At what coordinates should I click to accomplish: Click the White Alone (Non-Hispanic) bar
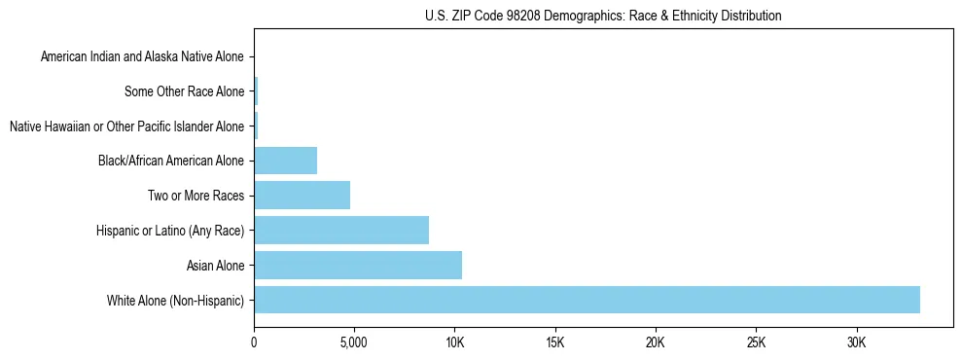[587, 300]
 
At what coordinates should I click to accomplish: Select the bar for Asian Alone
[358, 265]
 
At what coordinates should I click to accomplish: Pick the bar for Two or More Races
[302, 196]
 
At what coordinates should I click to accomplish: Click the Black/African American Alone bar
[285, 161]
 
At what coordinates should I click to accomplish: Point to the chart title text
[603, 16]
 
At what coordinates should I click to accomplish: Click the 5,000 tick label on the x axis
[354, 342]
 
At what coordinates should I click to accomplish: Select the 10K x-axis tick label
[454, 342]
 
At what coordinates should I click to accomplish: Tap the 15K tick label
[555, 342]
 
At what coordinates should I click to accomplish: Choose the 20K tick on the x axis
[656, 342]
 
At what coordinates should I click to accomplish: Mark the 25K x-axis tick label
[756, 342]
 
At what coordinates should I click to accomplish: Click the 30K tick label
[856, 342]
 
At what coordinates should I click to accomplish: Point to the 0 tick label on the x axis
[254, 342]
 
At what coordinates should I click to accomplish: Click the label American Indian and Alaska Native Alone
[143, 57]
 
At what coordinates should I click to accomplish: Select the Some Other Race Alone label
[185, 92]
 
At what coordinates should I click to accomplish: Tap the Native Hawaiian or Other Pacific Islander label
[126, 126]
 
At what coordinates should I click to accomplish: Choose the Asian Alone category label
[215, 265]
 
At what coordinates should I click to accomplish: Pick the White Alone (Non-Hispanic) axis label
[176, 300]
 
